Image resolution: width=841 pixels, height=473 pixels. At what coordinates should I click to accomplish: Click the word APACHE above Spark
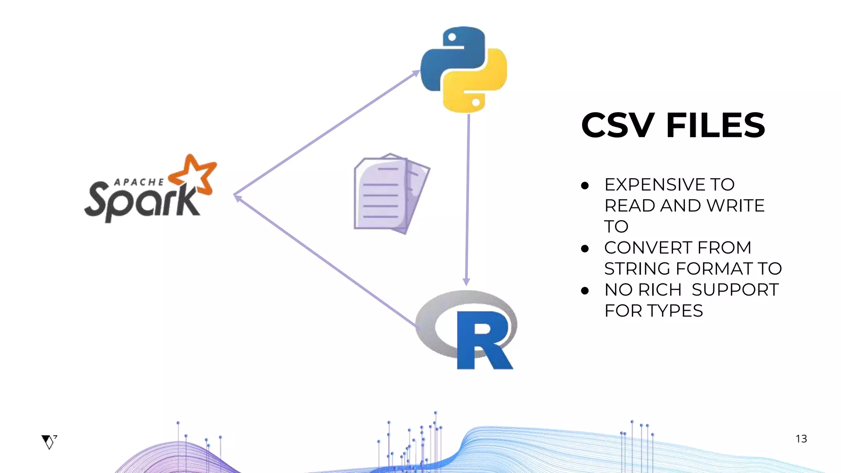pos(139,182)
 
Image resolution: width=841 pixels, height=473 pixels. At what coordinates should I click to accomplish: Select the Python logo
pos(464,70)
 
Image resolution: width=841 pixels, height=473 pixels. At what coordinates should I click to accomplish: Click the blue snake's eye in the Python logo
pos(452,37)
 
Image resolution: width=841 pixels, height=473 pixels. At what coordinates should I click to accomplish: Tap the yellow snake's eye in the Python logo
pos(476,102)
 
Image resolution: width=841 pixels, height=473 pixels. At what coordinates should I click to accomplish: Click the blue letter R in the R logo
pos(483,341)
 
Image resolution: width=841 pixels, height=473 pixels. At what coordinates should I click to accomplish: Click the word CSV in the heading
pos(618,125)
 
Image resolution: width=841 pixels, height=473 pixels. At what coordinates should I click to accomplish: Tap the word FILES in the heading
pos(715,125)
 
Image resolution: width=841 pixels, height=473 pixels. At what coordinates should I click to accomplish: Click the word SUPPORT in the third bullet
pos(735,290)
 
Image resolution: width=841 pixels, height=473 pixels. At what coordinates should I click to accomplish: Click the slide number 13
pos(801,439)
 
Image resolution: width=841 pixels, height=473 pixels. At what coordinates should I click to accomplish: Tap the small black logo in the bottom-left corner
pos(49,442)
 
